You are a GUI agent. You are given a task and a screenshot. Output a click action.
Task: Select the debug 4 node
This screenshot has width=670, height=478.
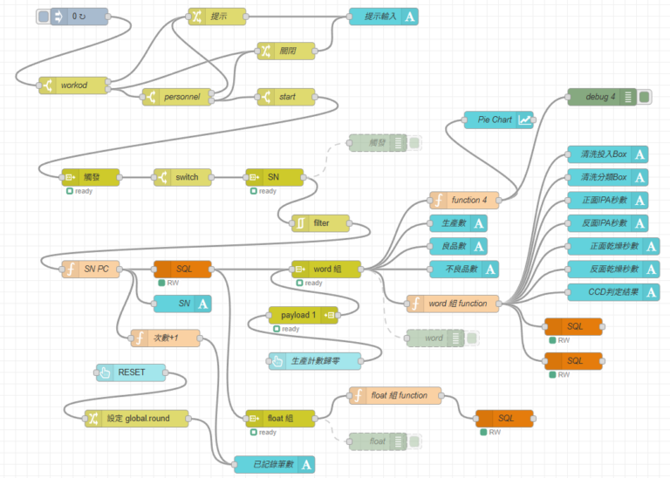(x=600, y=96)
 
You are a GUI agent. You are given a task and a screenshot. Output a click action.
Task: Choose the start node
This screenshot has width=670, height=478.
(x=286, y=97)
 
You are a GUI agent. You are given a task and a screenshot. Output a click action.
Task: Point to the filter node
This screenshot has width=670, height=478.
(x=320, y=222)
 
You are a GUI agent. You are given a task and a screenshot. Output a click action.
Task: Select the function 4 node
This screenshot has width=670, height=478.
(x=464, y=200)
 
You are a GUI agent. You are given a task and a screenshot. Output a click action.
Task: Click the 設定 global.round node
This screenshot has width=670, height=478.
(x=137, y=419)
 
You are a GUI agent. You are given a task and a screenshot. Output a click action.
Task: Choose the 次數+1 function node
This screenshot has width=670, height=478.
(x=165, y=338)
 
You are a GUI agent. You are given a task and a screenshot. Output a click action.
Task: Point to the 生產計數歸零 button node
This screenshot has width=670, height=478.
(x=315, y=361)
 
